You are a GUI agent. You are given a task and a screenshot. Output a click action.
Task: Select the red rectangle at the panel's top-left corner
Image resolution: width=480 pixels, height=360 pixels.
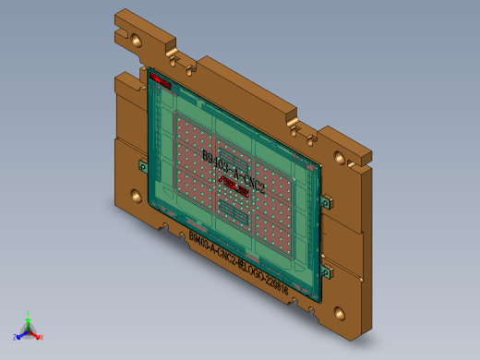coord(161,80)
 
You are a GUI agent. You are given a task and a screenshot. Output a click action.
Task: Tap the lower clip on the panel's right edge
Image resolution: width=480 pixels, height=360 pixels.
coord(325,271)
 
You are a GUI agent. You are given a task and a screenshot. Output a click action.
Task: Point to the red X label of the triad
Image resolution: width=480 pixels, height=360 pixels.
coord(42,337)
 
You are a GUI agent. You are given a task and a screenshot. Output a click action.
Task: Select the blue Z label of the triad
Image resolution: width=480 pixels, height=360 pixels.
coord(16,337)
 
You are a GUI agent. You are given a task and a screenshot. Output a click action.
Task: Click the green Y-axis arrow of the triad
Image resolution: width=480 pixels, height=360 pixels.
coord(28,323)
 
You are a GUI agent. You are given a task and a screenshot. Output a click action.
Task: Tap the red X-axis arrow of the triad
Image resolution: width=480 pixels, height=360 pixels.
coord(35,334)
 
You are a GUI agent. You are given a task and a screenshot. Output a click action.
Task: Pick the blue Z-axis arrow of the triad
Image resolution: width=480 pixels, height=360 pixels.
coord(22,334)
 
